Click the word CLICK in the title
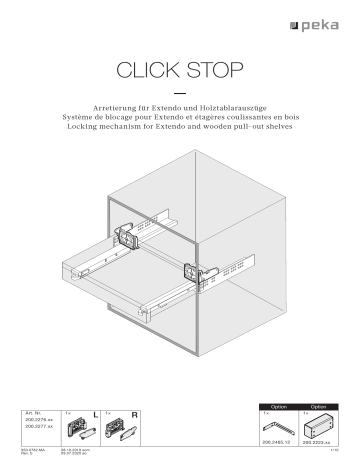[x=150, y=71]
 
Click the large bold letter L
[x=93, y=413]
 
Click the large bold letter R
[x=133, y=413]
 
